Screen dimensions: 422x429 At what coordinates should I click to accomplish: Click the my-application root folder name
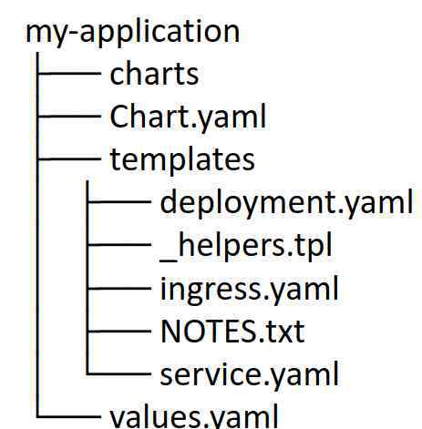(x=133, y=33)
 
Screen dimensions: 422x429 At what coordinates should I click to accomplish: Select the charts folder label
(x=154, y=74)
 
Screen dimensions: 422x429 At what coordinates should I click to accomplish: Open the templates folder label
(x=182, y=160)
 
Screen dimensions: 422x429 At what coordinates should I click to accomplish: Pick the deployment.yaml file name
(x=286, y=203)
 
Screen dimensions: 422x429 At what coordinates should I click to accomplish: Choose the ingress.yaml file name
(x=249, y=290)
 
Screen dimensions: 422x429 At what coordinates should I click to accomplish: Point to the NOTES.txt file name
(x=232, y=332)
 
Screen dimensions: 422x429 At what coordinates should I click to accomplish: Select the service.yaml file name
(x=249, y=374)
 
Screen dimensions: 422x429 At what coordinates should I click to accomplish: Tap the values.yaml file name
(x=194, y=416)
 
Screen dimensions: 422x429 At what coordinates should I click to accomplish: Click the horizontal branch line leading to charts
(x=68, y=73)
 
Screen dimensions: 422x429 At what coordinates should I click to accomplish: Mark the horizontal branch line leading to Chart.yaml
(x=68, y=116)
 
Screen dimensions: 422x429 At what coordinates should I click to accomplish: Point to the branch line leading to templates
(x=68, y=158)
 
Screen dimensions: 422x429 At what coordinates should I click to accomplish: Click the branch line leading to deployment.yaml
(x=118, y=201)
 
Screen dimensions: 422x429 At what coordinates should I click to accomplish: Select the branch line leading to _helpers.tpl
(x=118, y=244)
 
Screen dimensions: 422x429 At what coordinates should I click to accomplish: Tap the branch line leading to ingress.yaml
(x=118, y=288)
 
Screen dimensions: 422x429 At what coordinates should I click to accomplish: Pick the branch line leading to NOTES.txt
(x=118, y=331)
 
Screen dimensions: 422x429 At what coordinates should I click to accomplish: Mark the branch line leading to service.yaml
(x=118, y=373)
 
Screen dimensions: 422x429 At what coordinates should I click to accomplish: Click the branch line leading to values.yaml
(x=68, y=416)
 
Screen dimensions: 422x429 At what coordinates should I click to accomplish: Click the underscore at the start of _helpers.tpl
(x=169, y=260)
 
